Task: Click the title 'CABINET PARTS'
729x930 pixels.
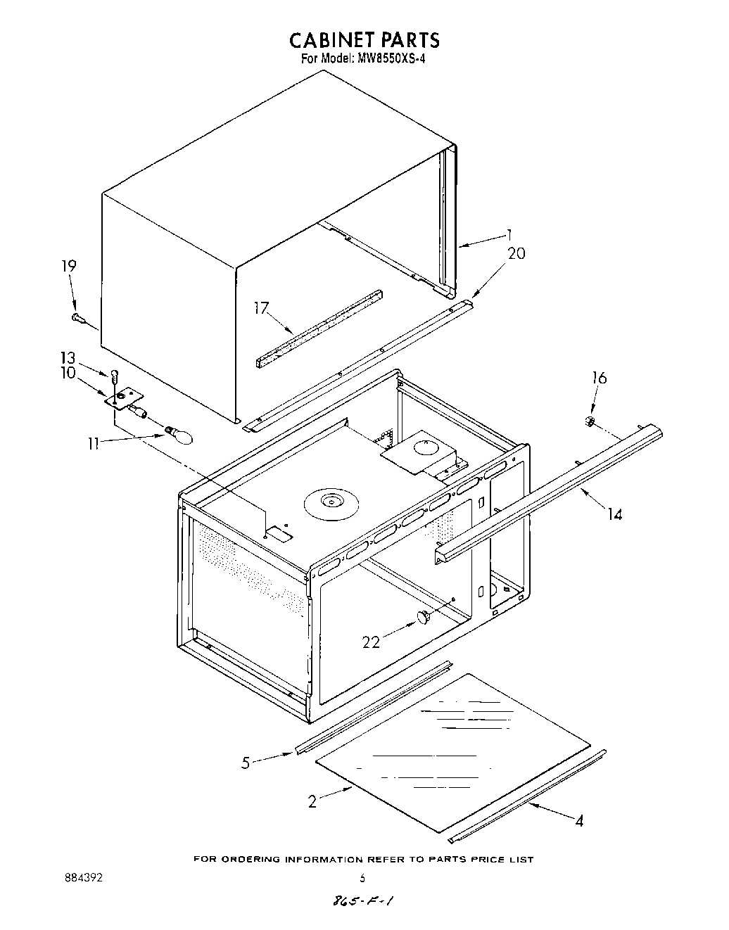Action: [364, 39]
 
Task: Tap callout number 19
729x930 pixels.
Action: [68, 266]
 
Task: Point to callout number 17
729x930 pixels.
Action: [262, 308]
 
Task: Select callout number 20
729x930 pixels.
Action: [516, 254]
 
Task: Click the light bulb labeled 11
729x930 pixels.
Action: [180, 435]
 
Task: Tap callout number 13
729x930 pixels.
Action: [68, 357]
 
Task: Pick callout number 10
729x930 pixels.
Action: [68, 373]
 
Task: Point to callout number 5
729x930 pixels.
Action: [246, 763]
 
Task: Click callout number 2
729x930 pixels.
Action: [312, 801]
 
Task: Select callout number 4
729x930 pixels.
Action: [578, 820]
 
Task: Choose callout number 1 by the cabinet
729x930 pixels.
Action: [509, 234]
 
